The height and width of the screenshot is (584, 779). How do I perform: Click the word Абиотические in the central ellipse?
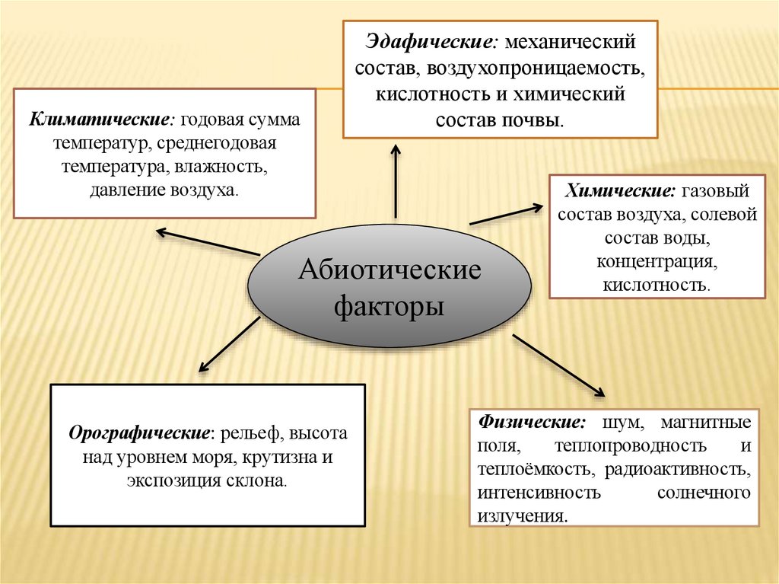(x=389, y=270)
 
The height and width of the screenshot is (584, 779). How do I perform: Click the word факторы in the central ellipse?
(x=389, y=308)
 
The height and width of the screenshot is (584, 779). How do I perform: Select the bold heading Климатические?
(x=100, y=121)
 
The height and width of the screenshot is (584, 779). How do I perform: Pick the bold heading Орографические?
(x=140, y=434)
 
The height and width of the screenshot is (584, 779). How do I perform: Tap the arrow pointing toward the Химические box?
(x=506, y=214)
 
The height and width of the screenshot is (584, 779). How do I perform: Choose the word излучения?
(x=522, y=515)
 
